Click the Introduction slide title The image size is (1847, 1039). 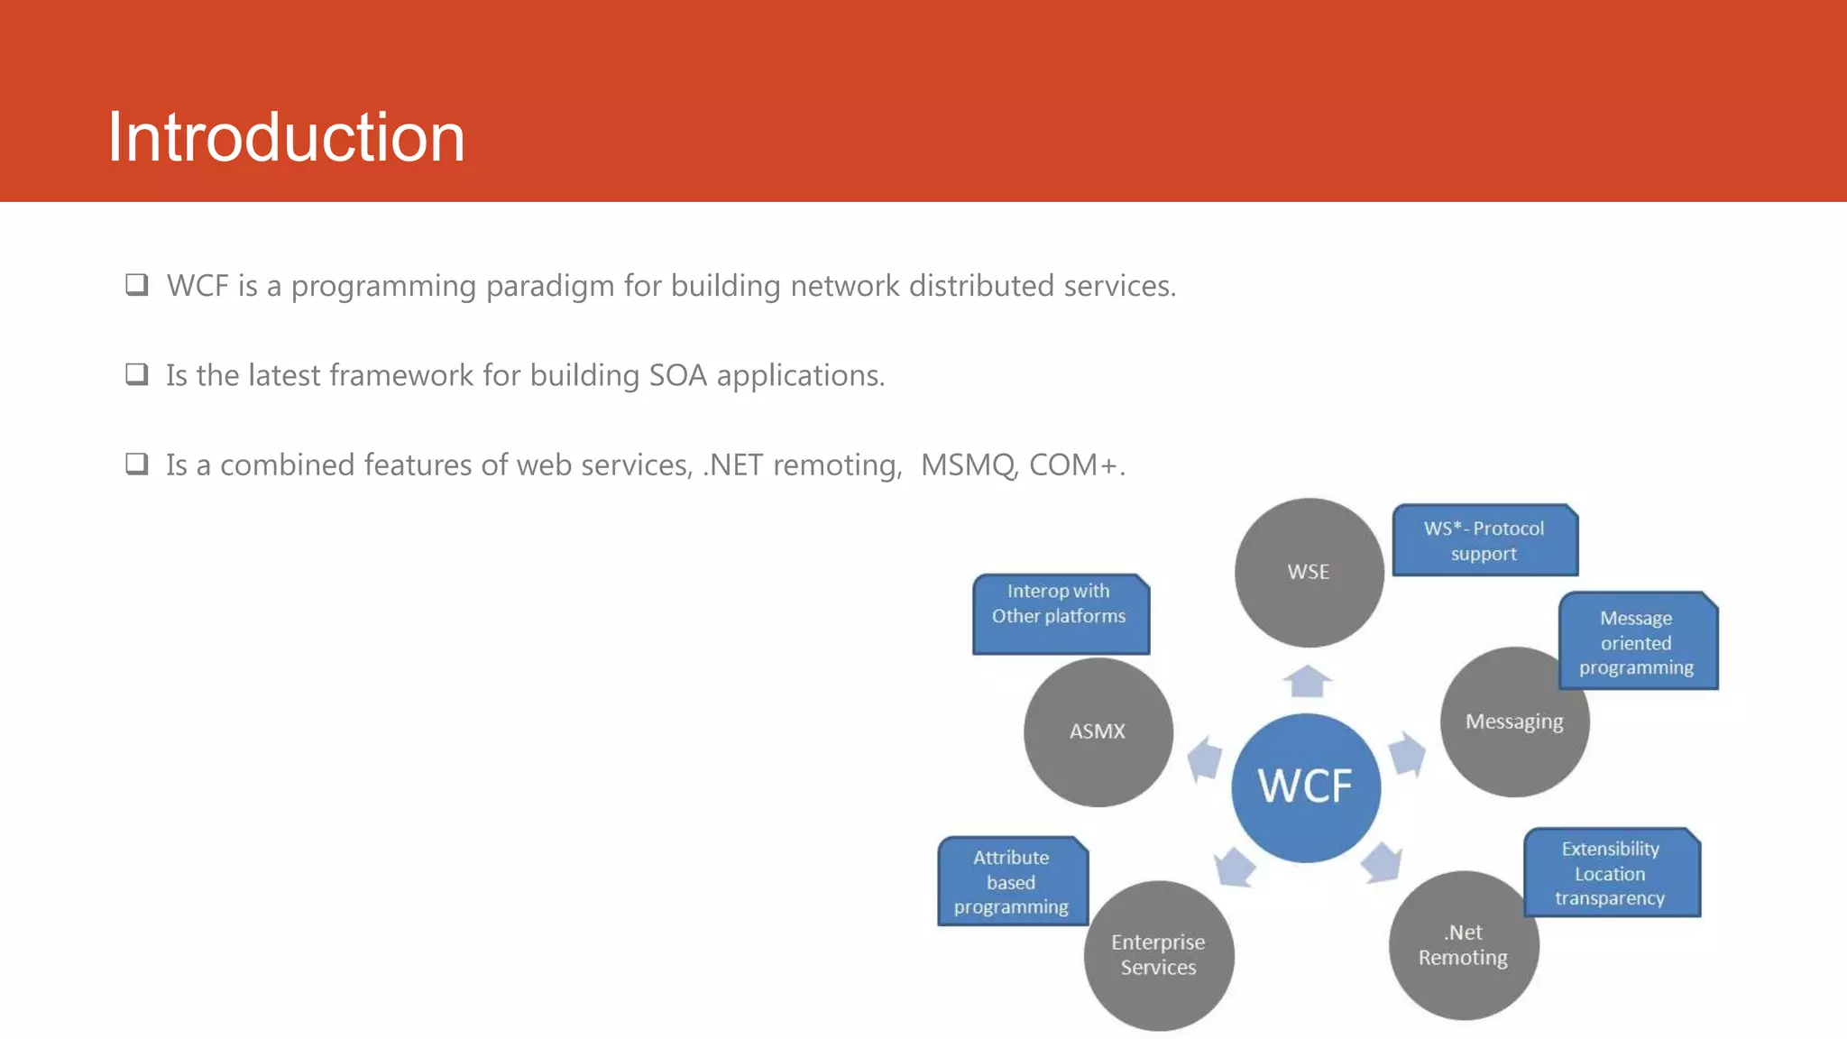(x=286, y=137)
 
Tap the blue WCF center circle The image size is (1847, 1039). (x=1306, y=786)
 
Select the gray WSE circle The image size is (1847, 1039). (x=1309, y=572)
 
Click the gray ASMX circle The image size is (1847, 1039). (x=1098, y=731)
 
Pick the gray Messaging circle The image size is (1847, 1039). (x=1514, y=722)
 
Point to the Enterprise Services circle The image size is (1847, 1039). (x=1158, y=955)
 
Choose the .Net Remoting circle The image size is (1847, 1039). (x=1463, y=945)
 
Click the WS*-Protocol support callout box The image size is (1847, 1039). (x=1484, y=540)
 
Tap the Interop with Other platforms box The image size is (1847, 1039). (x=1060, y=613)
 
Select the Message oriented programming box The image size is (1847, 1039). (x=1637, y=642)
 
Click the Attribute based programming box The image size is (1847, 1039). (x=1012, y=881)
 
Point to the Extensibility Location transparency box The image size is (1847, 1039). (x=1611, y=873)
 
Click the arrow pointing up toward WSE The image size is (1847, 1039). (x=1307, y=681)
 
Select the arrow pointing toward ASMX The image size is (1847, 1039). (x=1205, y=759)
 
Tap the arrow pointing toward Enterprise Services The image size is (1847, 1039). (x=1235, y=868)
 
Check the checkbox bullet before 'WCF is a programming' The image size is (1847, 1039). (x=137, y=285)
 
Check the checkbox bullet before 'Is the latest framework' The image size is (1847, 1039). (x=137, y=374)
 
